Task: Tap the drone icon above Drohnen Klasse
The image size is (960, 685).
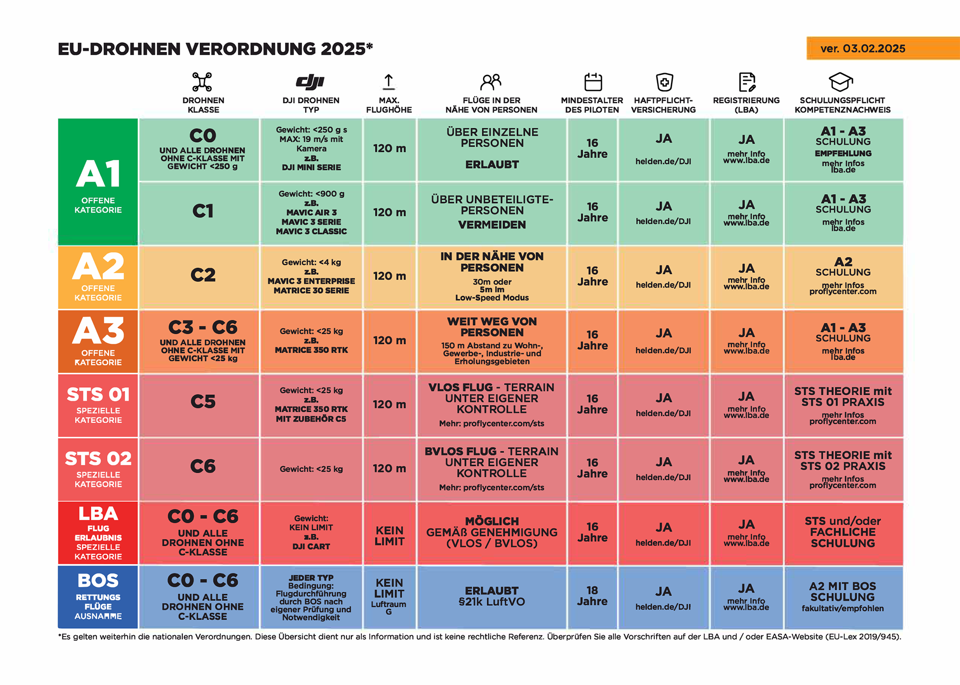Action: coord(202,82)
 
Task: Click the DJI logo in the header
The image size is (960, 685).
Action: coord(311,82)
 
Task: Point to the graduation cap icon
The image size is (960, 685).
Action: coord(841,82)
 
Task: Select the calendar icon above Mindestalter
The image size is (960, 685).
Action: coord(593,82)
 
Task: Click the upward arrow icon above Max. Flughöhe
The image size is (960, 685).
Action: coord(388,82)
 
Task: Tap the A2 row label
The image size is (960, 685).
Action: coord(98,277)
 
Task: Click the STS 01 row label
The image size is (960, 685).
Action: coord(98,405)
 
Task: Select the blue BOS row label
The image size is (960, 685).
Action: coord(98,597)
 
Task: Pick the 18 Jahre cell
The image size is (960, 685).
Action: coord(592,596)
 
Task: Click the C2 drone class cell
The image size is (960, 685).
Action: coord(203,276)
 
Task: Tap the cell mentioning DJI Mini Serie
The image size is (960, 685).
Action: coord(311,149)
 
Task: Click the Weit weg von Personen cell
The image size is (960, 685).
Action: coord(492,341)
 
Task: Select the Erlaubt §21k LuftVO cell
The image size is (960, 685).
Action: coord(492,596)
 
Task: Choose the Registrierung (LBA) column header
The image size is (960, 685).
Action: coord(746,105)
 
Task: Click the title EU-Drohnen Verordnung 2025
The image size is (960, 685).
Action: coord(215,49)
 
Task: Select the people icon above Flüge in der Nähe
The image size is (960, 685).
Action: coord(491,82)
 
